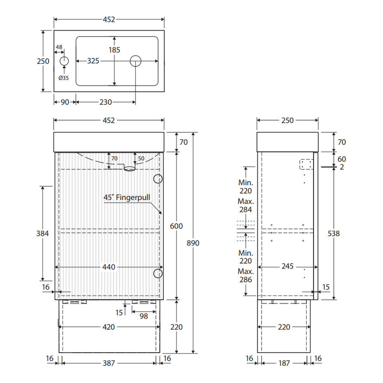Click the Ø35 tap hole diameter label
pos(64,78)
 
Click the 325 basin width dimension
pos(93,61)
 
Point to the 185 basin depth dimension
pos(114,50)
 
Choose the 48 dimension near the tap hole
pos(59,47)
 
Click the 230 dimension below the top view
pos(106,102)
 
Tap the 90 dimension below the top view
pos(65,102)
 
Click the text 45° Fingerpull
pos(127,197)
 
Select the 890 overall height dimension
pos(193,243)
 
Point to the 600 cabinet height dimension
pos(176,226)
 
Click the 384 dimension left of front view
pos(42,233)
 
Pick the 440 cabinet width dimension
pos(109,267)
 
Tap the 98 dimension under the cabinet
pos(144,316)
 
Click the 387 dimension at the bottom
pos(109,363)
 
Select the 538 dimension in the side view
pos(334,233)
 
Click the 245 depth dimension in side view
pos(287,266)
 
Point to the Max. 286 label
pos(246,276)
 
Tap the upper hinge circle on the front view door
pos(158,179)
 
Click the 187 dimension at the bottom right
pos(284,363)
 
